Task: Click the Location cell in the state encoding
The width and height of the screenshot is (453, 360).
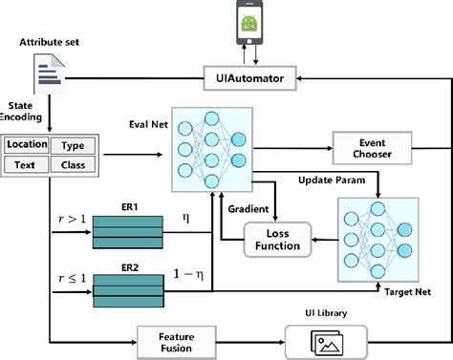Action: tap(27, 145)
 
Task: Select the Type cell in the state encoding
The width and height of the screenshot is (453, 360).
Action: tap(72, 145)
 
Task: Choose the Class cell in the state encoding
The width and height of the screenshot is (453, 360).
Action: tap(72, 164)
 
